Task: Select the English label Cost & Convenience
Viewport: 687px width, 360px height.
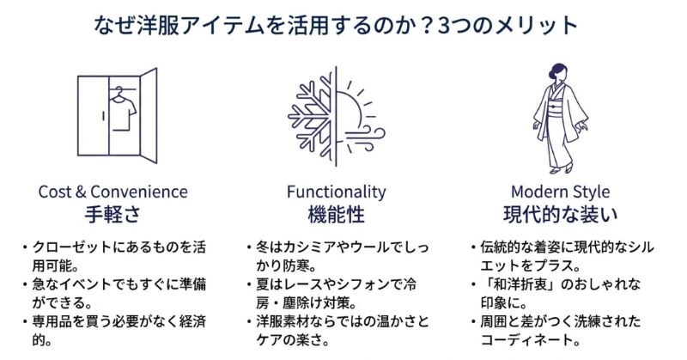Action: click(x=112, y=192)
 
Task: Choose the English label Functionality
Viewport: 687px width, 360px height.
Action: click(x=336, y=192)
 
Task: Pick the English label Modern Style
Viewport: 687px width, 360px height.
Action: click(x=561, y=192)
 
